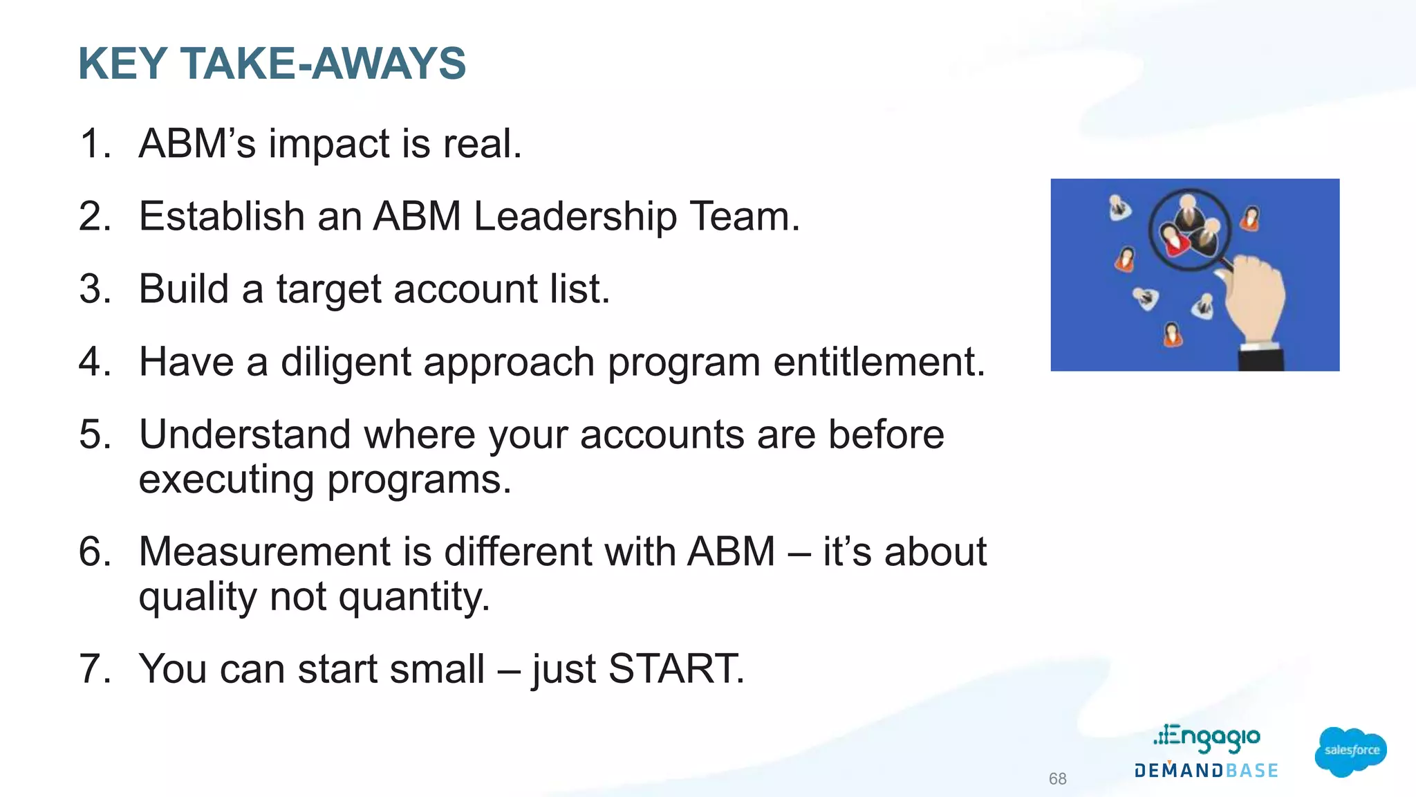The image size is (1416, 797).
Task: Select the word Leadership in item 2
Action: [575, 217]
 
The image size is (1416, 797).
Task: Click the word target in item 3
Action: [328, 289]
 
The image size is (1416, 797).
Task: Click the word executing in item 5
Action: [226, 479]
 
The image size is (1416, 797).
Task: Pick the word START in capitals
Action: [676, 669]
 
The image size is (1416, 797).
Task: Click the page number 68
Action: [1057, 779]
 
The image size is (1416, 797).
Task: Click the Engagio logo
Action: [1207, 738]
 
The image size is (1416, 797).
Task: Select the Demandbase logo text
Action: [1207, 771]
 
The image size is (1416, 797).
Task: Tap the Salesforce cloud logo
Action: [1350, 751]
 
